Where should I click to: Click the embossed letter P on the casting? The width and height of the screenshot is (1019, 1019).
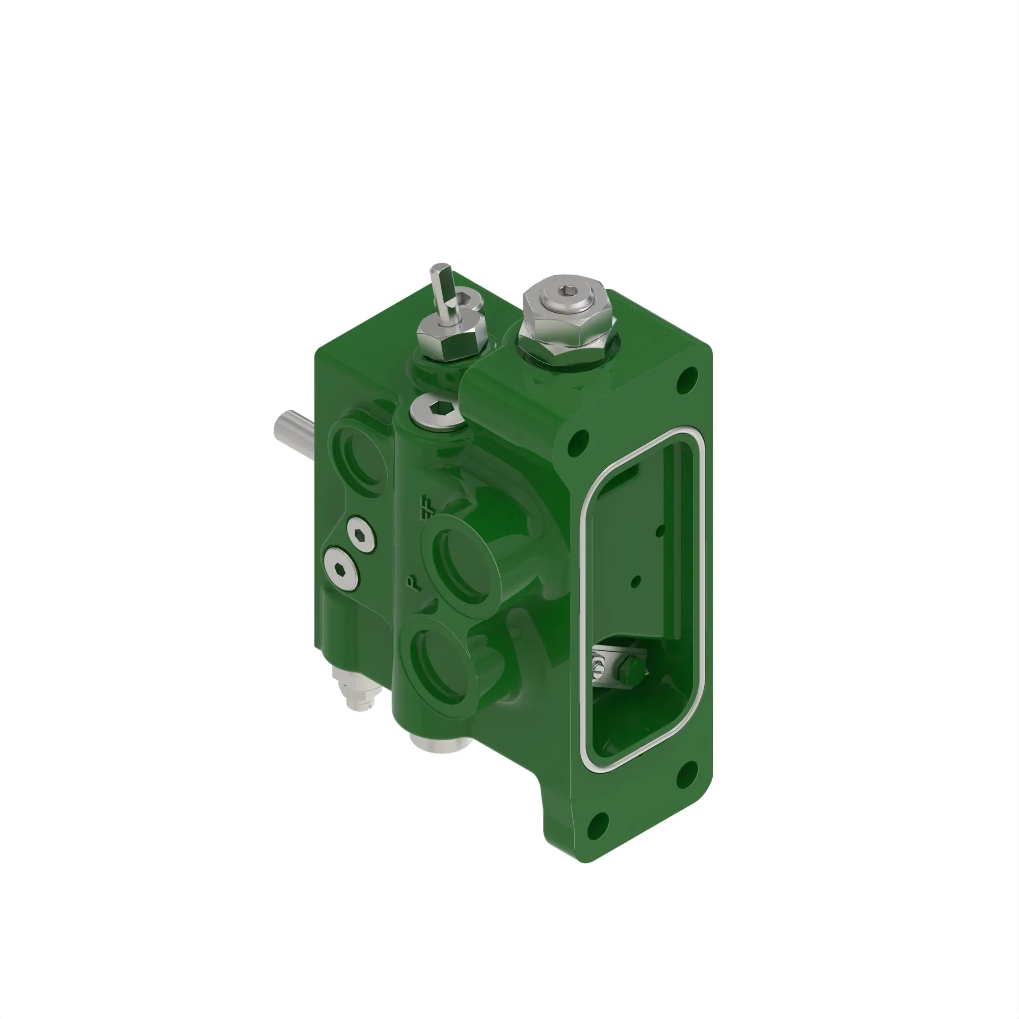[x=415, y=583]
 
